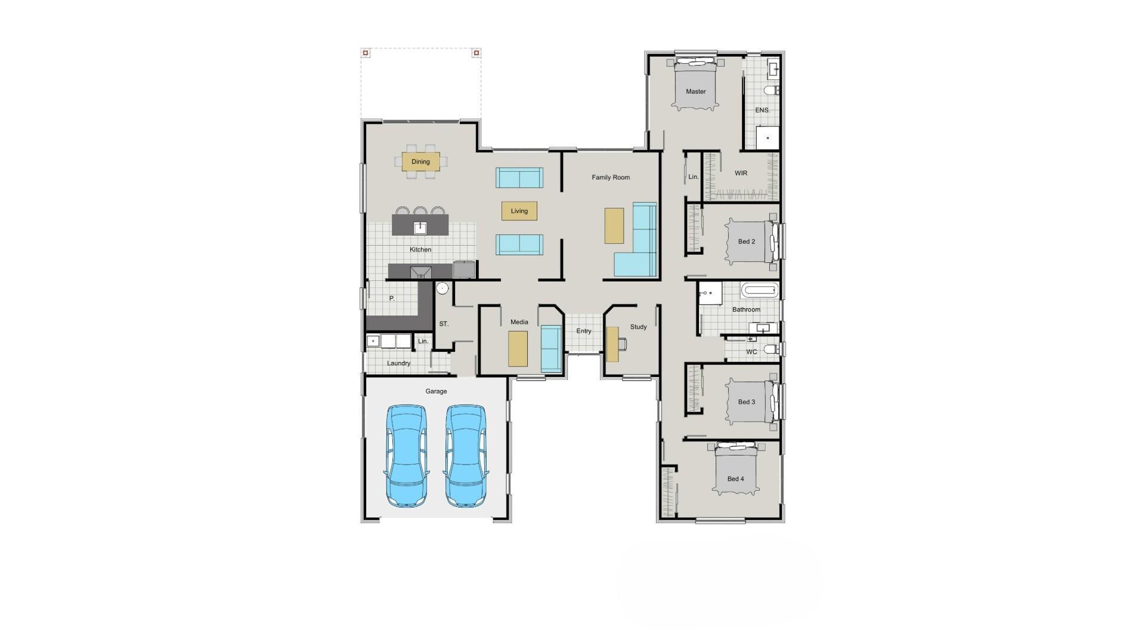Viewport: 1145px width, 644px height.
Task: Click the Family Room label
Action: coord(611,177)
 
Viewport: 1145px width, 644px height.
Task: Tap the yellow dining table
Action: coord(420,162)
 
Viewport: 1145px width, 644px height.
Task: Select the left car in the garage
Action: coord(406,456)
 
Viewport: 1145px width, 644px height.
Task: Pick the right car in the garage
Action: coord(466,456)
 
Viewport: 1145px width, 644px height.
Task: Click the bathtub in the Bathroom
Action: coord(760,292)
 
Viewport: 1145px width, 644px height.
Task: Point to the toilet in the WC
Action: coord(771,349)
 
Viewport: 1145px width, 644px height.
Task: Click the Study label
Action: coord(638,327)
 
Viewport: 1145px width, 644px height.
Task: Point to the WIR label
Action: coord(741,173)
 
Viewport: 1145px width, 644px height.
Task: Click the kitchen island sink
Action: coord(420,227)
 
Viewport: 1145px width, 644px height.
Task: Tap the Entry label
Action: coord(584,331)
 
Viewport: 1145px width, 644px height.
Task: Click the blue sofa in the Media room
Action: coord(551,349)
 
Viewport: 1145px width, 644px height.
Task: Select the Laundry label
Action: coord(398,363)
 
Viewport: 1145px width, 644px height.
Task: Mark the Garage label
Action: coord(436,391)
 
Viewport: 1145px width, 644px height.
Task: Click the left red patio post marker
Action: coord(366,53)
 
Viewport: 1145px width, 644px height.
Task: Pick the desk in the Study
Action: coord(612,344)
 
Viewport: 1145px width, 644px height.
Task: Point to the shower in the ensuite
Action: coord(768,138)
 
